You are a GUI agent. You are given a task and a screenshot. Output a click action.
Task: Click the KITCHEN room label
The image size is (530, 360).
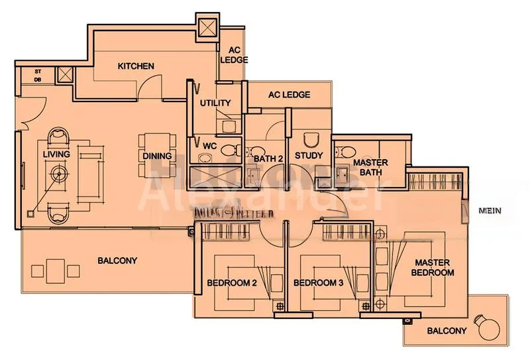tap(136, 66)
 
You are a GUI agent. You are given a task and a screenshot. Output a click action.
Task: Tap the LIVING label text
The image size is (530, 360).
tap(56, 154)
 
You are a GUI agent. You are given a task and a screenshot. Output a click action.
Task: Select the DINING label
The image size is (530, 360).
tap(157, 156)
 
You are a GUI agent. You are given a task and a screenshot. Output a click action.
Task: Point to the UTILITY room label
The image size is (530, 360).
tap(215, 103)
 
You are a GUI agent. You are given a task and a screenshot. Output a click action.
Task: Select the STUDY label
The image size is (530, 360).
tap(309, 156)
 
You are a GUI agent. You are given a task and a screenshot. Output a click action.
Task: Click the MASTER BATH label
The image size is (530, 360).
tap(370, 167)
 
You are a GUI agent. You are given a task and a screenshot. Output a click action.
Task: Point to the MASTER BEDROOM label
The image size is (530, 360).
tap(433, 267)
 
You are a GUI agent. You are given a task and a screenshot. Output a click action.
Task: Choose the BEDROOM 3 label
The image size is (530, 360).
tap(318, 282)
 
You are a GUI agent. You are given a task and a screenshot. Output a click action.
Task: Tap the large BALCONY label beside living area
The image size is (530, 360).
tap(117, 261)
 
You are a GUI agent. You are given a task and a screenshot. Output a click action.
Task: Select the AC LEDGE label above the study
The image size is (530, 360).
tap(289, 95)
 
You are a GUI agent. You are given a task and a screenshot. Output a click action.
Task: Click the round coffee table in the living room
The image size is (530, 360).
tap(60, 174)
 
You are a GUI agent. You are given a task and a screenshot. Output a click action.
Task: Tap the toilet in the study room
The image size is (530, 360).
tap(310, 140)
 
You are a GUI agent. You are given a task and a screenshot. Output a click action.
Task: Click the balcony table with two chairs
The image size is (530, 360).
tap(56, 270)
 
